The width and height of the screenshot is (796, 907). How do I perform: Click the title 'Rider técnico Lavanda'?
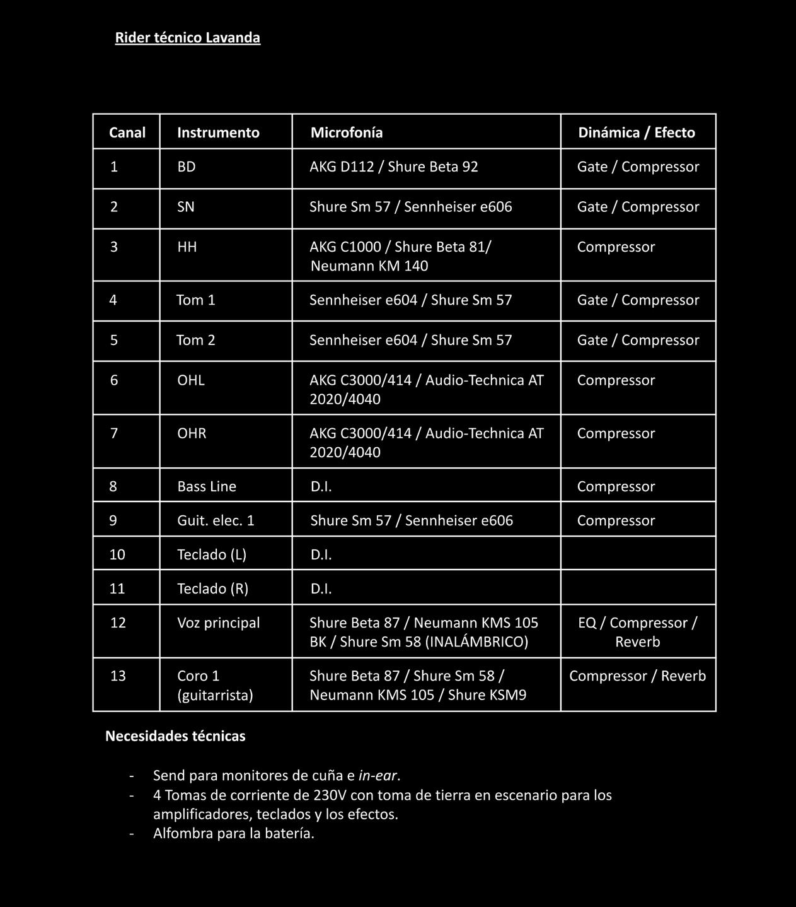(x=187, y=38)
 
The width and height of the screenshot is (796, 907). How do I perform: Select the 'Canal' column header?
(x=127, y=132)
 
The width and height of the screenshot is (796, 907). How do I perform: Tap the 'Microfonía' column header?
(x=346, y=132)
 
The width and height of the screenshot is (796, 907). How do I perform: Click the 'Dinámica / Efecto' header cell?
(x=637, y=132)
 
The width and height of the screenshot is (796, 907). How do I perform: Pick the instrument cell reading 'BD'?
(x=187, y=167)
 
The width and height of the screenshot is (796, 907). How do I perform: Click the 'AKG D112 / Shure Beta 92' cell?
(x=393, y=167)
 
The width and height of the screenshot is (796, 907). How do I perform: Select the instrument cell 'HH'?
(x=187, y=247)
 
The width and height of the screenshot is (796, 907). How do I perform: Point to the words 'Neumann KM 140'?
(x=369, y=266)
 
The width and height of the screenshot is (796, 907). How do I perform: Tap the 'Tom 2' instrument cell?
(x=196, y=341)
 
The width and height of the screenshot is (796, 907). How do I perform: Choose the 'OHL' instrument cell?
(x=191, y=380)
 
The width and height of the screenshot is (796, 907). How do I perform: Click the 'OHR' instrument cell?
(x=192, y=434)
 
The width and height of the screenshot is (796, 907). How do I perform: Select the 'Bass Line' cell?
(x=207, y=487)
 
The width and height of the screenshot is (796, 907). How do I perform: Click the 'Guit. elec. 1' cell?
(x=216, y=521)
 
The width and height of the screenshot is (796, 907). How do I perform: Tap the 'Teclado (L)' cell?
(x=212, y=555)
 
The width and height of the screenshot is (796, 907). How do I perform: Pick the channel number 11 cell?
(x=117, y=589)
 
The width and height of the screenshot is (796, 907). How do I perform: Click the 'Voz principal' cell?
(x=218, y=623)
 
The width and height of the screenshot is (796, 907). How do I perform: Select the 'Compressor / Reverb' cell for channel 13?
(x=637, y=676)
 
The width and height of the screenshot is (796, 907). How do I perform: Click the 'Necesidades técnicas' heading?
(x=175, y=736)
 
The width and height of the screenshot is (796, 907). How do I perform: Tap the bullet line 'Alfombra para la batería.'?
(x=234, y=834)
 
